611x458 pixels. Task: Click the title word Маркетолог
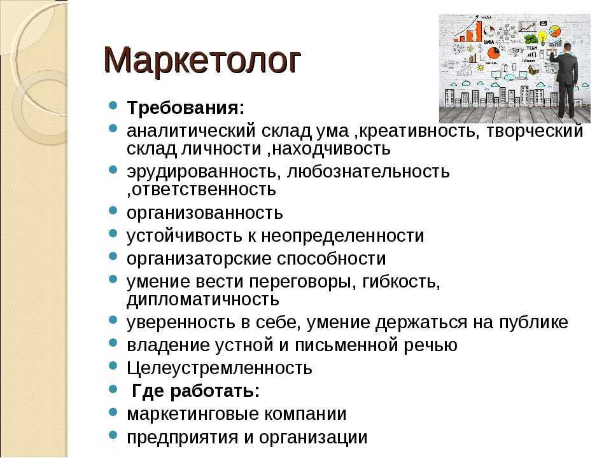[202, 60]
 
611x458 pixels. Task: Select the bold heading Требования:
[185, 108]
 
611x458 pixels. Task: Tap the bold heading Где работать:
[195, 391]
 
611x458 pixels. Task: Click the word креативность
[416, 131]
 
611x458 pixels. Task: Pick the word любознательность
[369, 171]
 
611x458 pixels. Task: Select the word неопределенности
[342, 236]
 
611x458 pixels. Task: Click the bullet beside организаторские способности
[113, 256]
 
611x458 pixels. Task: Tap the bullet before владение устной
[113, 343]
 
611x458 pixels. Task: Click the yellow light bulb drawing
[542, 38]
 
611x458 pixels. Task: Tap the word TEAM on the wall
[531, 48]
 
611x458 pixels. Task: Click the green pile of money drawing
[531, 38]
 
